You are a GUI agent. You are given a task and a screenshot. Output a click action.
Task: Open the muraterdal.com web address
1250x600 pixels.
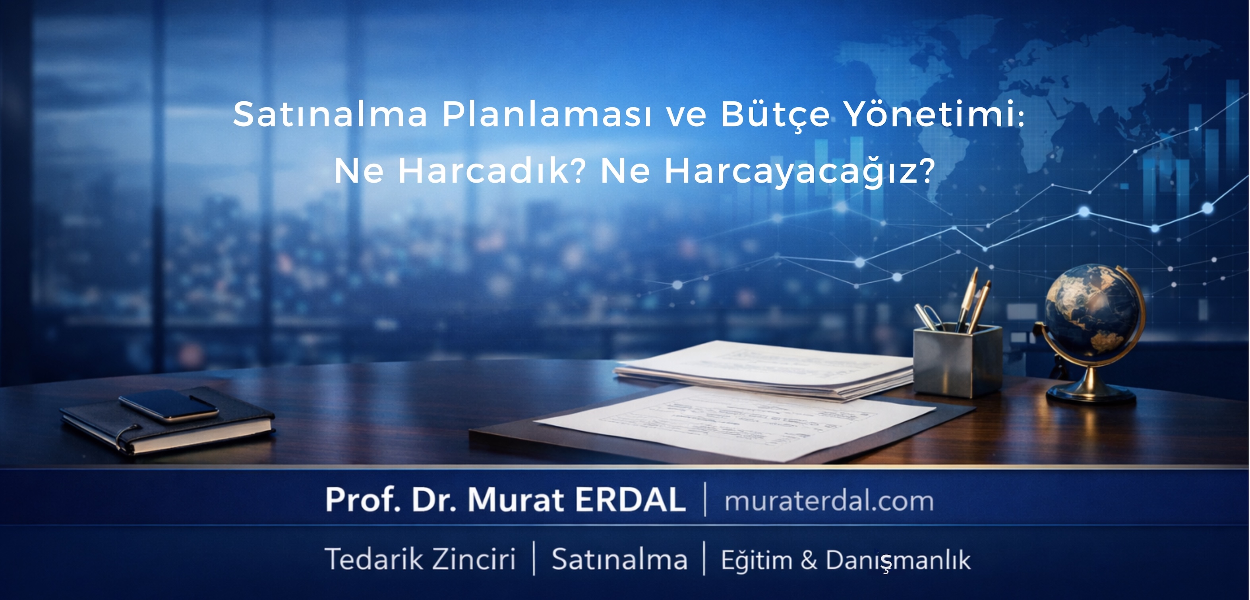point(829,502)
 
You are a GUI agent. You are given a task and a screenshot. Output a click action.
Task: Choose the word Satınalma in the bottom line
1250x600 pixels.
point(620,559)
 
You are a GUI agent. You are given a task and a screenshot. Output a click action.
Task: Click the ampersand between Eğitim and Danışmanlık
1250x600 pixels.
point(809,561)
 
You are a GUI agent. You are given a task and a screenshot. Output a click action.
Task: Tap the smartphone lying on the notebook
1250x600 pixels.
point(169,405)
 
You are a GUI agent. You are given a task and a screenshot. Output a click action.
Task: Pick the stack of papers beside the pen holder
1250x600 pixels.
point(764,370)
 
